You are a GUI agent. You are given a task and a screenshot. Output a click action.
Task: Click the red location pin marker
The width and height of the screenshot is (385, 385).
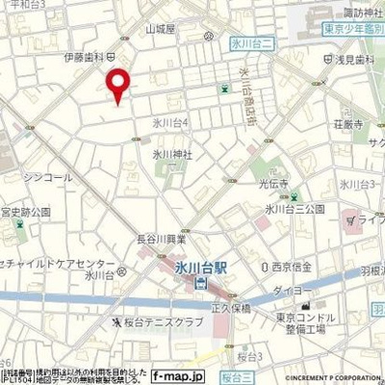pyautogui.click(x=117, y=86)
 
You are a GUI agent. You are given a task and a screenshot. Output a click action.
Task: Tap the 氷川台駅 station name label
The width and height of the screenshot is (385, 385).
pyautogui.click(x=203, y=267)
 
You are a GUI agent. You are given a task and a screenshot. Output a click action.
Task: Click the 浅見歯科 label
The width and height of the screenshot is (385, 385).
pyautogui.click(x=356, y=60)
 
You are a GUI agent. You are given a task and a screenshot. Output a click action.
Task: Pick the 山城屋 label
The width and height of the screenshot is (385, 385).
pyautogui.click(x=162, y=30)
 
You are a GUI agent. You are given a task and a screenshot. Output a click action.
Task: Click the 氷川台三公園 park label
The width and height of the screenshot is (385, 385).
pyautogui.click(x=296, y=209)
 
